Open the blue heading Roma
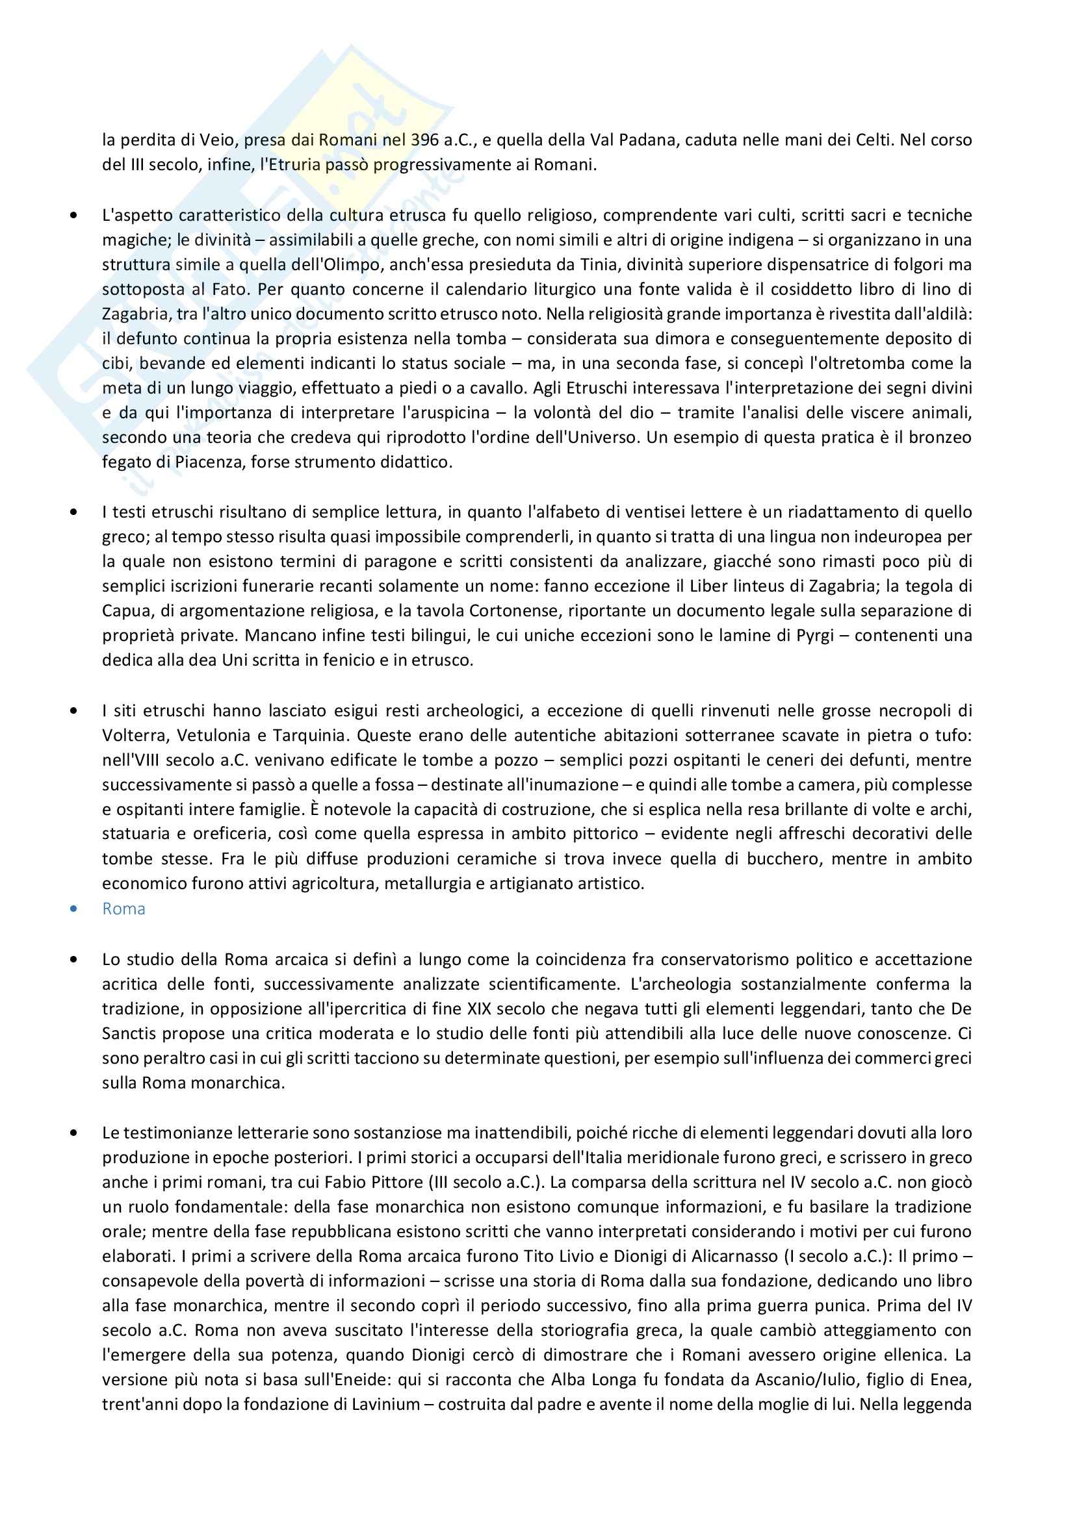click(123, 909)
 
